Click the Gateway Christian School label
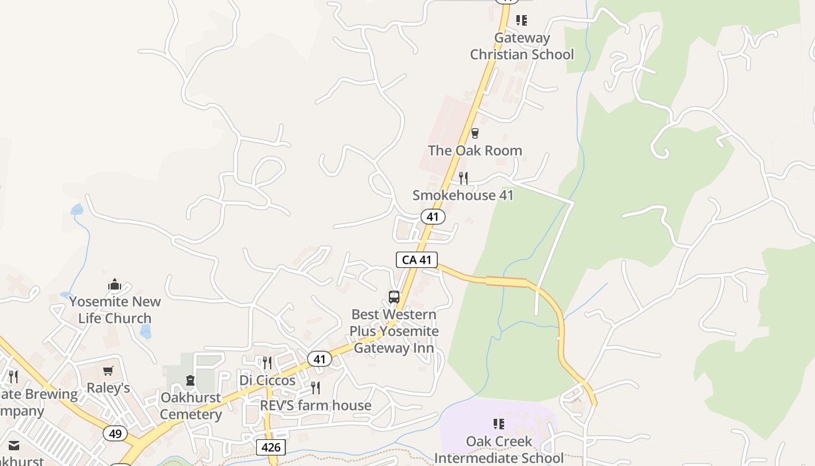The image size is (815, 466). (x=522, y=46)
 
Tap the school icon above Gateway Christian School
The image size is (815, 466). (x=522, y=20)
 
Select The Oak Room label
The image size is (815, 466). (x=474, y=150)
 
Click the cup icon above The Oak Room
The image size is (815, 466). (x=475, y=133)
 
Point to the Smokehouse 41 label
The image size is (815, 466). (x=463, y=195)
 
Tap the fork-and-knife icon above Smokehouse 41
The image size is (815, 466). (x=463, y=178)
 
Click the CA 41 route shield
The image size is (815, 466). (x=417, y=260)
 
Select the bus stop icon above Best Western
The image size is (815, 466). (x=394, y=297)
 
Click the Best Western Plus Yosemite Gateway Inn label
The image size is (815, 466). (x=394, y=331)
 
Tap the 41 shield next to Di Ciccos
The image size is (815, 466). (x=319, y=359)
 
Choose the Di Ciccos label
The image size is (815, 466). (x=267, y=380)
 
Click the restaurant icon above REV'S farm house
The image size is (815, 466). (x=316, y=387)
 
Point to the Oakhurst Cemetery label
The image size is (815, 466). (x=190, y=406)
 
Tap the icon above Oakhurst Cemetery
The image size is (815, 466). (x=190, y=381)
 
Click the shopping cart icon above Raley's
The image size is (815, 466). (x=108, y=370)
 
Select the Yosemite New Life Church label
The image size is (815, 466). (x=115, y=310)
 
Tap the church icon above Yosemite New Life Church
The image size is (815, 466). (x=114, y=285)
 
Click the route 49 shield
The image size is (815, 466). (x=115, y=433)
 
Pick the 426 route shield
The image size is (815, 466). (x=271, y=447)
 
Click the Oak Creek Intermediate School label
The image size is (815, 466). (x=499, y=449)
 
